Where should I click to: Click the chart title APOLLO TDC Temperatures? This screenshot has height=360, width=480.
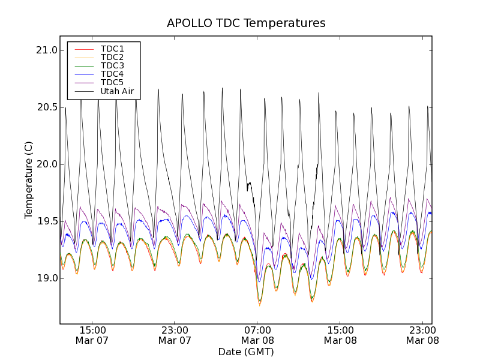pos(246,23)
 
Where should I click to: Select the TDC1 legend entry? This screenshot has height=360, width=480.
pos(112,49)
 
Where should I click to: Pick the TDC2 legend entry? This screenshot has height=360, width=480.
pos(112,57)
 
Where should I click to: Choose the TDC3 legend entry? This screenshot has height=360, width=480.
pos(112,65)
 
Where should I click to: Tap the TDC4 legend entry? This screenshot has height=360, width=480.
pos(112,74)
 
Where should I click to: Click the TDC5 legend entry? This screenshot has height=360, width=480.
pos(112,82)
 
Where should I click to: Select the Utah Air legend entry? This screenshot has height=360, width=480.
pos(117,91)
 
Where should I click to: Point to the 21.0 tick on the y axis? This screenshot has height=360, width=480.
pos(46,50)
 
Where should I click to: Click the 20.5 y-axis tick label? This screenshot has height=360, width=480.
pos(46,107)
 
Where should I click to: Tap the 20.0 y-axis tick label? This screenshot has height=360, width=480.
pos(46,164)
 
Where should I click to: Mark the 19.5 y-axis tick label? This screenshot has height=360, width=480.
pos(46,221)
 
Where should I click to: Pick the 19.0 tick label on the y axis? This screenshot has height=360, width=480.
pos(46,278)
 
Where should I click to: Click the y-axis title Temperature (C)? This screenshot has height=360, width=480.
pos(29,180)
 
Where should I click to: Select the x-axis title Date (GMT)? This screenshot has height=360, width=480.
pos(246,352)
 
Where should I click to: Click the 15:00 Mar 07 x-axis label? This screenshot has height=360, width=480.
pos(92,335)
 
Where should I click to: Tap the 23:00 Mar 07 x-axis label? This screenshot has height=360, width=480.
pos(175,335)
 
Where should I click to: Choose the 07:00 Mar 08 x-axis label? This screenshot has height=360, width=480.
pos(257,335)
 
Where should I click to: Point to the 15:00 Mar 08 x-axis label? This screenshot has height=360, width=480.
pos(340,335)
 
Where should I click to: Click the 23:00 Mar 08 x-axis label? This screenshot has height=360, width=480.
pos(422,335)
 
